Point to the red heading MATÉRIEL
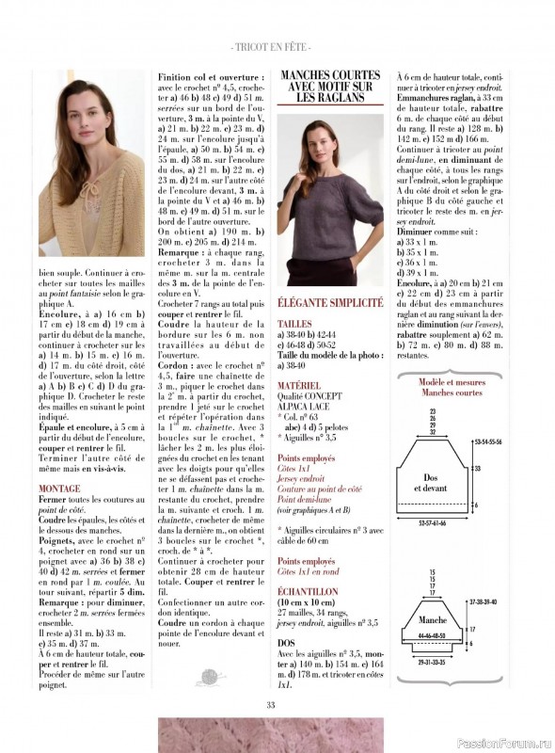299,385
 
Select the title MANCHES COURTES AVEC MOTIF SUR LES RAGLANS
330,86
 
